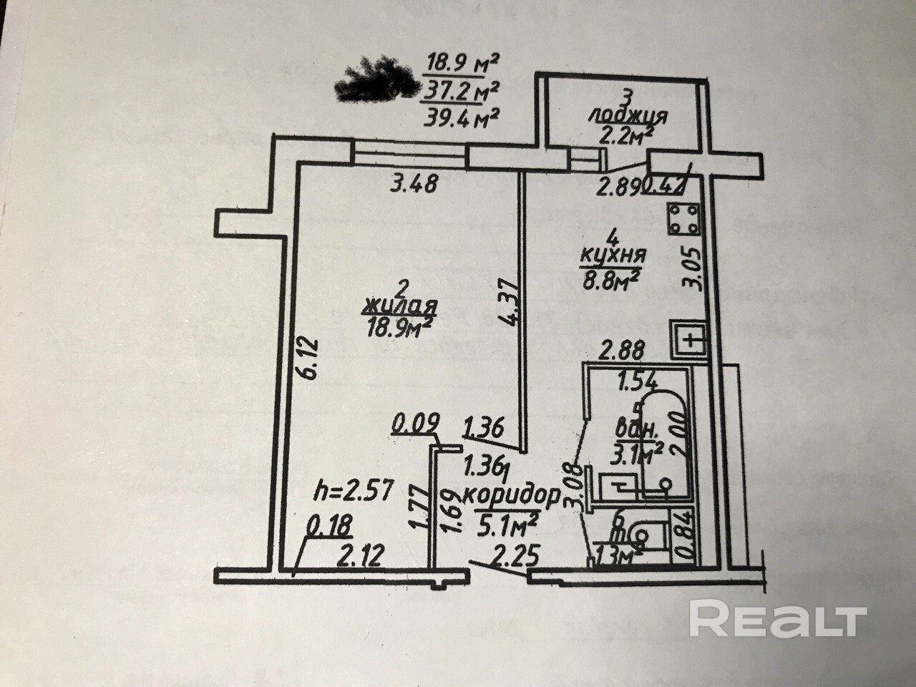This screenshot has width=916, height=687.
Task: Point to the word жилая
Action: pos(401,307)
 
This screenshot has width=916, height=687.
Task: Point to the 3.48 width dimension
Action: pos(414,185)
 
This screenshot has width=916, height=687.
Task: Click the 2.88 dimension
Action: pos(623,351)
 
